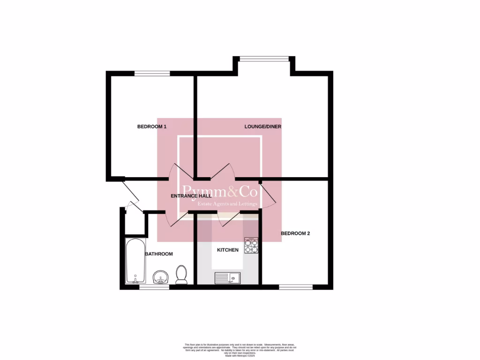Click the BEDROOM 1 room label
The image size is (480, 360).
[x=151, y=127]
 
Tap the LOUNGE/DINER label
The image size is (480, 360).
[x=262, y=127]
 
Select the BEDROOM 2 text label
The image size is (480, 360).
[x=295, y=233]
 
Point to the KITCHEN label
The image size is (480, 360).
[x=228, y=250]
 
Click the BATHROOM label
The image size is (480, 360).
[x=158, y=254]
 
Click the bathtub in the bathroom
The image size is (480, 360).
[x=135, y=261]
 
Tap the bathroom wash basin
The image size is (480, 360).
[x=160, y=277]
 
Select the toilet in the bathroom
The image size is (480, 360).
[x=181, y=275]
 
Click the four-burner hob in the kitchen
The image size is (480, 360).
[x=251, y=246]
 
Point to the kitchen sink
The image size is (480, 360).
[x=227, y=278]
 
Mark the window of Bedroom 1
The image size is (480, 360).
[x=152, y=73]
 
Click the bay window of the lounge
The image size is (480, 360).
[x=264, y=59]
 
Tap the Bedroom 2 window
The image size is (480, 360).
[x=296, y=286]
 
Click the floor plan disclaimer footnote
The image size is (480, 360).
[x=240, y=349]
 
